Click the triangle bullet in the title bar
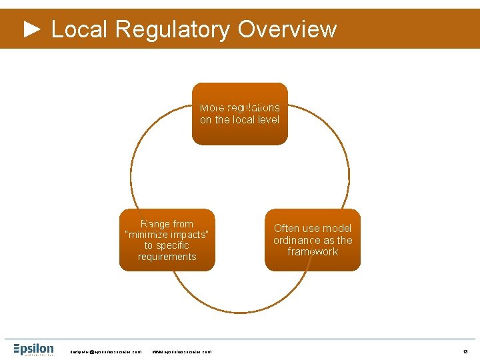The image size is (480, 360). [x=33, y=29]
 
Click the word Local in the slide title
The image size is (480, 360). [x=79, y=29]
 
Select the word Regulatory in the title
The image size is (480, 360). [x=172, y=29]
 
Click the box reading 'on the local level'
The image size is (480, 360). [x=240, y=113]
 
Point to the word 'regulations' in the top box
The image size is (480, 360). [x=253, y=107]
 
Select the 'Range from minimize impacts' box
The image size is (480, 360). [x=167, y=240]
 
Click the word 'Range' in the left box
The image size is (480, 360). [x=155, y=224]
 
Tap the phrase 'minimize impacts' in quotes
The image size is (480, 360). [x=167, y=235]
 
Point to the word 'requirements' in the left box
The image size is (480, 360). [x=167, y=257]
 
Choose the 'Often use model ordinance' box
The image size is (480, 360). [x=313, y=240]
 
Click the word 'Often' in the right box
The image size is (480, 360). [x=287, y=228]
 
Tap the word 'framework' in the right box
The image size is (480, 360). [x=313, y=252]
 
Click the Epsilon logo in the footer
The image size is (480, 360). [x=34, y=349]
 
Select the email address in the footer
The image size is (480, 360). [x=106, y=351]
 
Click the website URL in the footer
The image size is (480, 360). [x=182, y=351]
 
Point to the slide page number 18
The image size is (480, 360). [x=465, y=351]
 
